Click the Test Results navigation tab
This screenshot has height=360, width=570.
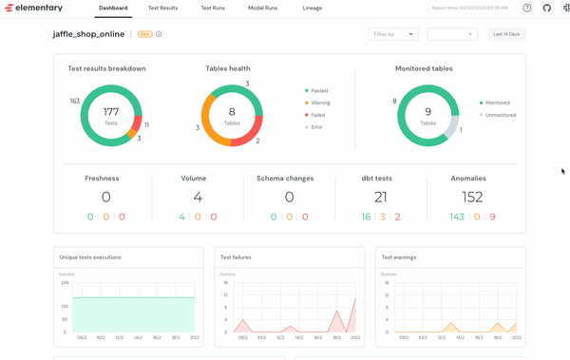162,8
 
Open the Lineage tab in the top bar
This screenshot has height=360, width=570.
313,8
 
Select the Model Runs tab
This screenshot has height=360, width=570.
263,8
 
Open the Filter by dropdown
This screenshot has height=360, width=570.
392,34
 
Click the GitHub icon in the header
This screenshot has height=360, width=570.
546,8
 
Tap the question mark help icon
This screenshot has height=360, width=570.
527,8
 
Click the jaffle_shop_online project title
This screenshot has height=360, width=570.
88,34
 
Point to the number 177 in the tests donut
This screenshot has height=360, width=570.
111,111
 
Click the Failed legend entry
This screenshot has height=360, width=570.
318,115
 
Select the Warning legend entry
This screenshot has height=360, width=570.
319,103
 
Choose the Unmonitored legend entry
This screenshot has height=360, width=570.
501,115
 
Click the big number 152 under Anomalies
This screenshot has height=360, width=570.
468,197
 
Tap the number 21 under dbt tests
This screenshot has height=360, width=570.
380,197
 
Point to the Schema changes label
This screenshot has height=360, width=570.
289,178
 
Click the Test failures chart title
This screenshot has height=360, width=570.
236,256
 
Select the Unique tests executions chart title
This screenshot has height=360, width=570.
90,256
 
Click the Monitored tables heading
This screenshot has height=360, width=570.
424,68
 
